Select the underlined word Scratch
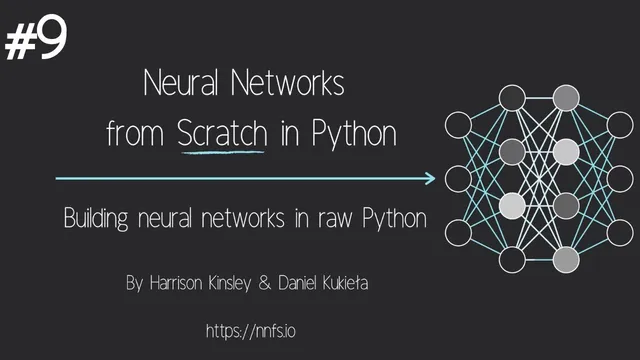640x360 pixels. tap(222, 134)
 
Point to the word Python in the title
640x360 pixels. tap(352, 135)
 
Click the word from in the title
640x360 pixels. tap(137, 135)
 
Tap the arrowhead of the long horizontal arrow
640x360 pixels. tap(430, 179)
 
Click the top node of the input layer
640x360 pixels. tap(458, 126)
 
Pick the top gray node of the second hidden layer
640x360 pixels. tap(566, 98)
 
